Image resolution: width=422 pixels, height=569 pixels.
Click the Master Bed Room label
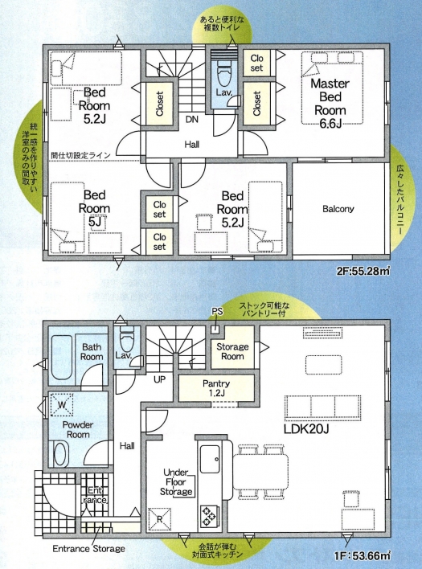tap(330, 104)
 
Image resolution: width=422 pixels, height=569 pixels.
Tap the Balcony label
tap(338, 209)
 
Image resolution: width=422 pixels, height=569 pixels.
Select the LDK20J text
tap(306, 429)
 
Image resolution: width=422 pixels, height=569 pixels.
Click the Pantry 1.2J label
tap(216, 387)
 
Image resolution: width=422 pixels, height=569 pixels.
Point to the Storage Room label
tap(232, 351)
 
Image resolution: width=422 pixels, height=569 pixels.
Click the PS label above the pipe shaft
tap(217, 311)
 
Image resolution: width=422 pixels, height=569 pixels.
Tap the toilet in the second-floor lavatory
tap(223, 72)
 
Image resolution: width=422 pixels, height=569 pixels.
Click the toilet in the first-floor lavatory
tap(127, 337)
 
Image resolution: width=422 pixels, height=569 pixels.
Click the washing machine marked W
tap(62, 405)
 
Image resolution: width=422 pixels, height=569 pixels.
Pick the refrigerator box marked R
tap(160, 519)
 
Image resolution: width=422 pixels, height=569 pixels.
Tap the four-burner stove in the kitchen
tap(210, 516)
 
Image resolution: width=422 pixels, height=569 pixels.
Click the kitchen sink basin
tap(210, 459)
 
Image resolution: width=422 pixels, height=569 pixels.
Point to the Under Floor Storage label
tap(176, 482)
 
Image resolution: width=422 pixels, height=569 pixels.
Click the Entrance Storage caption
tap(89, 548)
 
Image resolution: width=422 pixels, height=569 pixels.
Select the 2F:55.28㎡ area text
tap(364, 271)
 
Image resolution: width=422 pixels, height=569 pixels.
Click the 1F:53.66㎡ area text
tap(363, 555)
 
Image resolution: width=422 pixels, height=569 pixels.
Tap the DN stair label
tap(192, 119)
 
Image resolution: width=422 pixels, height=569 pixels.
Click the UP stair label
tap(160, 379)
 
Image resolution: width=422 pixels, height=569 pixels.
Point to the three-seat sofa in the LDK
tap(322, 407)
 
